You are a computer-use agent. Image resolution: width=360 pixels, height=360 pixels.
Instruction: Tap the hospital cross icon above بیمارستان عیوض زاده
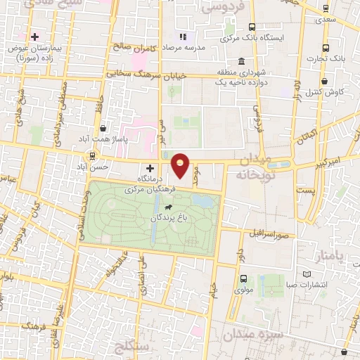pyautogui.click(x=34, y=36)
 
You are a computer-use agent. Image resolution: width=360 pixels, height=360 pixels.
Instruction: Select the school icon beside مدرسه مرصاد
pyautogui.click(x=184, y=36)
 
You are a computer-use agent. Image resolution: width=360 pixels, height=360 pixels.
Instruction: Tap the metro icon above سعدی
pyautogui.click(x=325, y=8)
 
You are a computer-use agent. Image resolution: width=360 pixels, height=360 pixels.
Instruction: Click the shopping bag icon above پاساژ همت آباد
pyautogui.click(x=104, y=128)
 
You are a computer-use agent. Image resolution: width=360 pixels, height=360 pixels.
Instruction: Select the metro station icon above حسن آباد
pyautogui.click(x=91, y=155)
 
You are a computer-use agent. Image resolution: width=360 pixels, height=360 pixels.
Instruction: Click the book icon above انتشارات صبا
pyautogui.click(x=304, y=274)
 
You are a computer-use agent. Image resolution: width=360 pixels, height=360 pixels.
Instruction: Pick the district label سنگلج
pyautogui.click(x=132, y=348)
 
